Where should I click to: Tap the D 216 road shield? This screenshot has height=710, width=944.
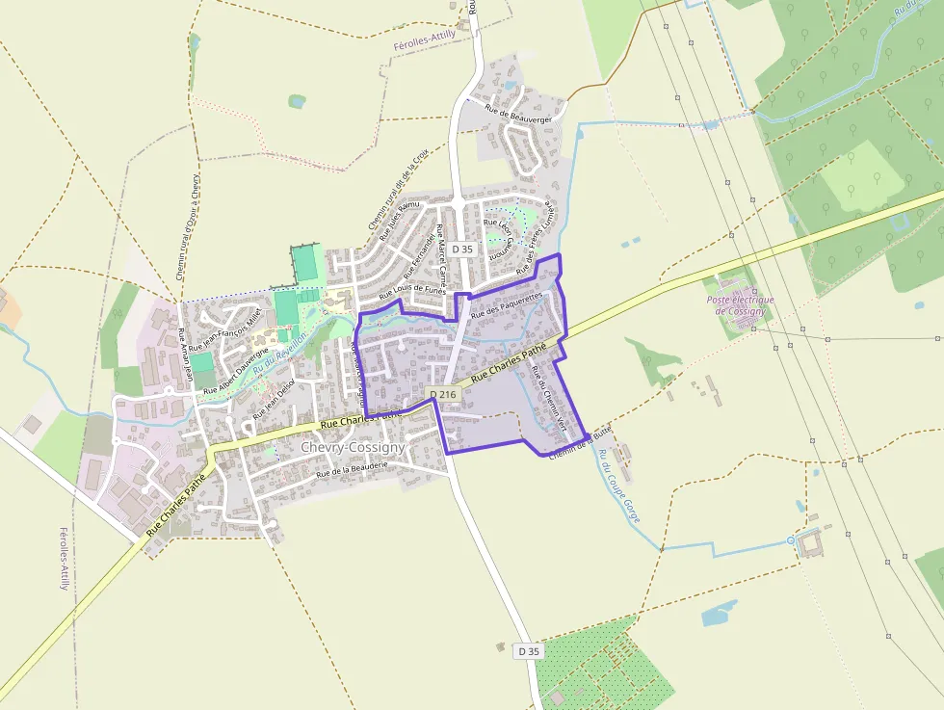coord(442,394)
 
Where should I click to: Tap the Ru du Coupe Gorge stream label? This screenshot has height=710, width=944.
coord(618,486)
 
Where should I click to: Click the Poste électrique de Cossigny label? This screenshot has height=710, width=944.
coord(741,305)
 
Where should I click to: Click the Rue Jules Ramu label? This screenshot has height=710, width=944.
coord(400,220)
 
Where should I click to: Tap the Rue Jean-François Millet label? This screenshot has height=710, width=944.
coord(226,330)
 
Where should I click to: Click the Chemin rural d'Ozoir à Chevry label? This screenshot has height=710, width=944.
coord(187,226)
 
